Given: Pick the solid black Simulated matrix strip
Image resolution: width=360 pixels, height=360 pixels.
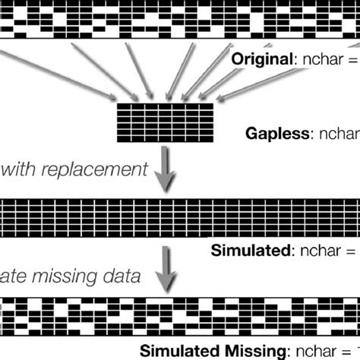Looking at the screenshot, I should [x=180, y=218].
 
